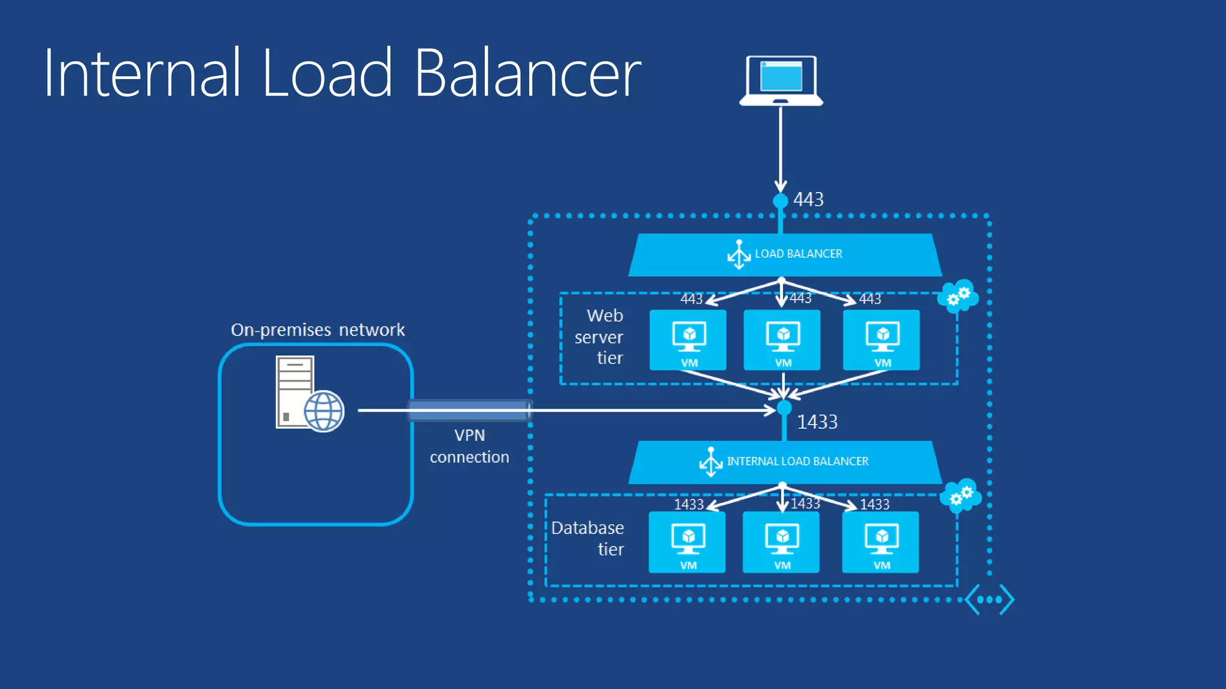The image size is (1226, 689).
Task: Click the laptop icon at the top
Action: (x=781, y=80)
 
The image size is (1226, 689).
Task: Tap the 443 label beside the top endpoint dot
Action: (x=808, y=199)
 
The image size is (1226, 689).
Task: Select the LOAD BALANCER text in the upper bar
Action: (x=798, y=254)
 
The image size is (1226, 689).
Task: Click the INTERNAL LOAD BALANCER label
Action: (x=797, y=461)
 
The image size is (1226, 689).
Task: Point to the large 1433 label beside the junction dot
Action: (x=817, y=422)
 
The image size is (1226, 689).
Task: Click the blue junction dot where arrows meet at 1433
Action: (x=784, y=408)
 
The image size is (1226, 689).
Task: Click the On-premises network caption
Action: (x=317, y=330)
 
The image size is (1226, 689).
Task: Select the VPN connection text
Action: (x=469, y=446)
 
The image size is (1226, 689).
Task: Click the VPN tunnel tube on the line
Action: (x=469, y=410)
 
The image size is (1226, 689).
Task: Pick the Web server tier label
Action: (x=599, y=337)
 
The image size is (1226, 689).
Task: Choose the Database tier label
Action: (x=588, y=538)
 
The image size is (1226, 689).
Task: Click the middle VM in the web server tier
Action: (x=782, y=340)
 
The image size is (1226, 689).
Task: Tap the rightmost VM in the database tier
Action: (x=880, y=542)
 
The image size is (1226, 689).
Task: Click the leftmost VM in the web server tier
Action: (x=688, y=340)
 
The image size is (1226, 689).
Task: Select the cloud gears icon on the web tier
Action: (x=958, y=295)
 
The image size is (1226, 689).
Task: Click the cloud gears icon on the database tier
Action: (x=960, y=495)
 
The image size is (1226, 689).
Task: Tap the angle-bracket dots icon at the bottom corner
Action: (x=990, y=599)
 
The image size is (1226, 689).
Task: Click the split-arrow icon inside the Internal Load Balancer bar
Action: (x=711, y=462)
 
